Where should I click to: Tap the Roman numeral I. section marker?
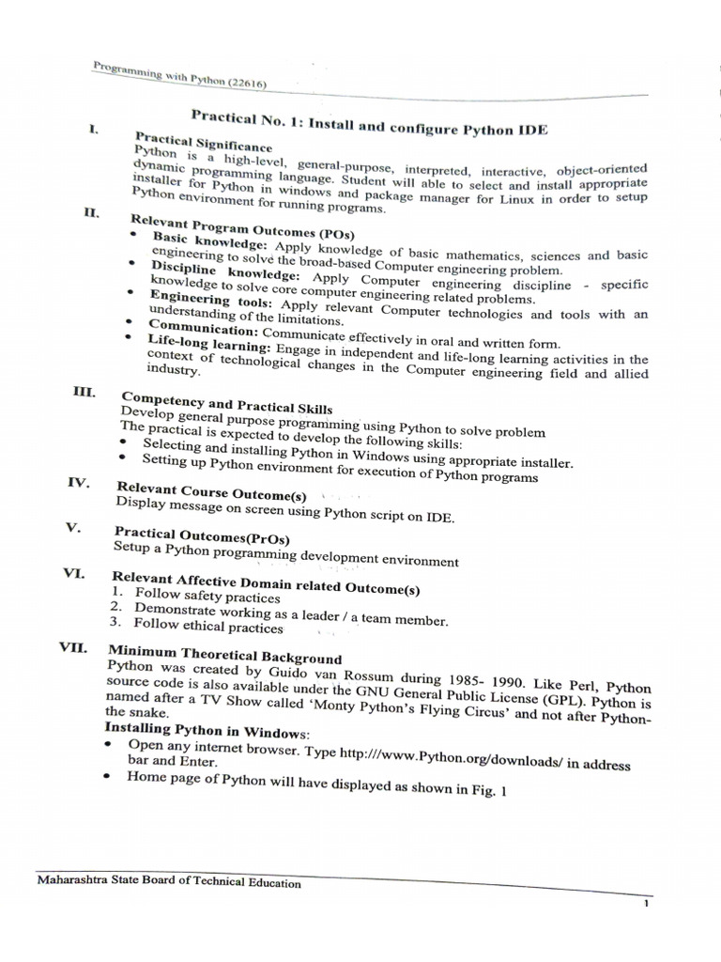pyautogui.click(x=95, y=129)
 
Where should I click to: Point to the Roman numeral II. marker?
pyautogui.click(x=91, y=213)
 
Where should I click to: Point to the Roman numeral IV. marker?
pyautogui.click(x=78, y=483)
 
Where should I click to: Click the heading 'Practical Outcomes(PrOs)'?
pyautogui.click(x=201, y=535)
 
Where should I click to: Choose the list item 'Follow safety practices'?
pyautogui.click(x=207, y=596)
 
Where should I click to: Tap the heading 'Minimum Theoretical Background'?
pyautogui.click(x=224, y=655)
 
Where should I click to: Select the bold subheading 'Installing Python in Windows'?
pyautogui.click(x=207, y=730)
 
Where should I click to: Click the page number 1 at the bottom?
pyautogui.click(x=647, y=905)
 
